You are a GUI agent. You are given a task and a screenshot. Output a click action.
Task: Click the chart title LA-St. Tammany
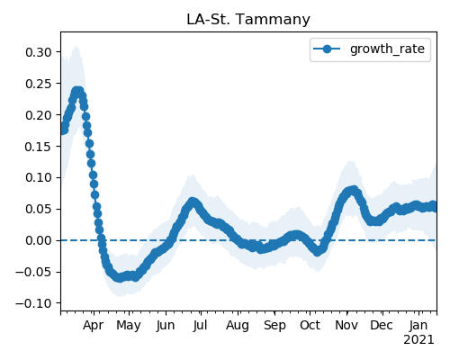click(248, 20)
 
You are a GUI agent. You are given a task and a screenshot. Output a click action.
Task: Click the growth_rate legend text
click(387, 49)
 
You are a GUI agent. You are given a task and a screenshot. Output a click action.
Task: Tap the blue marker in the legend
click(327, 49)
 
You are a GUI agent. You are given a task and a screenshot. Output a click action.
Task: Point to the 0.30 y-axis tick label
click(39, 52)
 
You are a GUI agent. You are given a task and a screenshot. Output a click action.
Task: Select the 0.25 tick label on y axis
click(39, 84)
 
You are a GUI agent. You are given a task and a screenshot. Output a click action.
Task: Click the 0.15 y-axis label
click(39, 147)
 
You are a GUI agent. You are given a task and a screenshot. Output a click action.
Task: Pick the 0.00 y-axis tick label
click(39, 240)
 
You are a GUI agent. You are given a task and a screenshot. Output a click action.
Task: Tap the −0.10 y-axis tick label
click(34, 303)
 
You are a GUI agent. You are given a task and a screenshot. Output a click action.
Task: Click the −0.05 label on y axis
click(34, 272)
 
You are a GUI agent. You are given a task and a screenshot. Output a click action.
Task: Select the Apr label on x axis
click(94, 326)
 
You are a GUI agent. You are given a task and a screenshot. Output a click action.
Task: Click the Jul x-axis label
click(200, 325)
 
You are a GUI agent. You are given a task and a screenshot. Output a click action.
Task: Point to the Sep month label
click(274, 326)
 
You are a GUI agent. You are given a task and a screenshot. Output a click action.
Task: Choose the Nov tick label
click(346, 325)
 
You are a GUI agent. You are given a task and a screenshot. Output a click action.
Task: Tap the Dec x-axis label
click(382, 325)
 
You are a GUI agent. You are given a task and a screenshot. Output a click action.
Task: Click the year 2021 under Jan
click(418, 340)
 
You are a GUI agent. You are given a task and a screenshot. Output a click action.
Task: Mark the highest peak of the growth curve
click(77, 91)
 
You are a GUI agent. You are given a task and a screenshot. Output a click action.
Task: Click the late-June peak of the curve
click(193, 202)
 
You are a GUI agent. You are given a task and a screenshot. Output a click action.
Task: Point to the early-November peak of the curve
click(354, 190)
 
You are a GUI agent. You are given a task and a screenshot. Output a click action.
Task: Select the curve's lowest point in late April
click(120, 277)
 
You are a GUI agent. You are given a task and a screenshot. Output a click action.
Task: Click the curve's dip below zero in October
click(318, 251)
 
